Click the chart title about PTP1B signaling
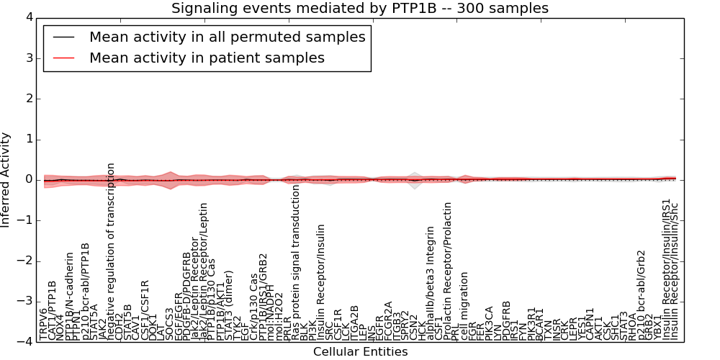[359, 9]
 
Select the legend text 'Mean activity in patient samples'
[207, 58]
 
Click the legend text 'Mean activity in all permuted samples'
[227, 37]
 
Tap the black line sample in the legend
[63, 37]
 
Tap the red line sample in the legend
[63, 58]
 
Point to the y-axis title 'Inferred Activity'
[6, 179]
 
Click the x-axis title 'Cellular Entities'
[360, 352]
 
